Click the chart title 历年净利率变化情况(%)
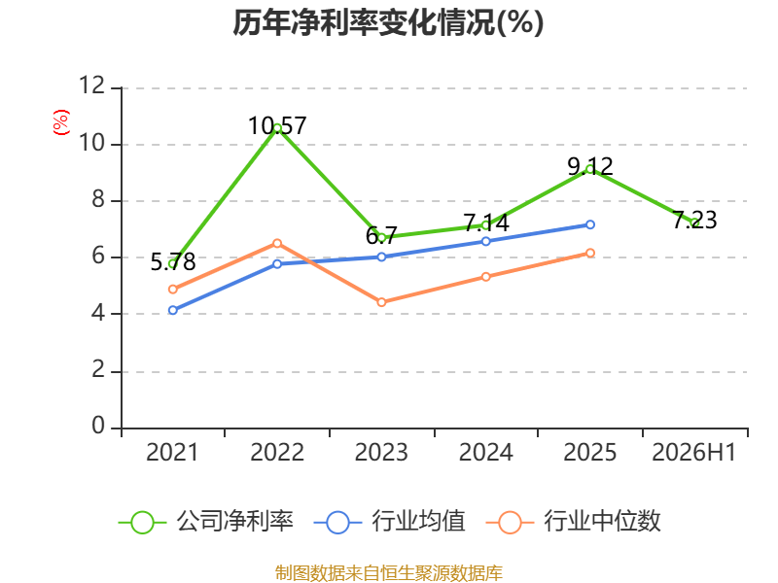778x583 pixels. pyautogui.click(x=388, y=22)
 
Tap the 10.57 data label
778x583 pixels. pyautogui.click(x=277, y=125)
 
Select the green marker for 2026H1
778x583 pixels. pyautogui.click(x=694, y=223)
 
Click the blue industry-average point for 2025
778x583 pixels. pyautogui.click(x=590, y=224)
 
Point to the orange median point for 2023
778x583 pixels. pyautogui.click(x=381, y=302)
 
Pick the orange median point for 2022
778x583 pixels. pyautogui.click(x=277, y=244)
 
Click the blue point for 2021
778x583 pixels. pyautogui.click(x=173, y=310)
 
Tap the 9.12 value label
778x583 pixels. pyautogui.click(x=590, y=166)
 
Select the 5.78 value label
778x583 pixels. pyautogui.click(x=173, y=261)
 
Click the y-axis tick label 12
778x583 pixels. pyautogui.click(x=92, y=86)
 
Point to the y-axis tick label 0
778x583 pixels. pyautogui.click(x=98, y=426)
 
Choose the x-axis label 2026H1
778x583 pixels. pyautogui.click(x=694, y=452)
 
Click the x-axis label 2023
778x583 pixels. pyautogui.click(x=381, y=452)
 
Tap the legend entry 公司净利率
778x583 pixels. pyautogui.click(x=206, y=522)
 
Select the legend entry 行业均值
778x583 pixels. pyautogui.click(x=390, y=522)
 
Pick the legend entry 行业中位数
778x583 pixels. pyautogui.click(x=574, y=522)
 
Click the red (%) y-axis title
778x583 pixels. pyautogui.click(x=61, y=122)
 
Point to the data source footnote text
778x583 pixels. pyautogui.click(x=389, y=573)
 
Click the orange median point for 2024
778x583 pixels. pyautogui.click(x=485, y=277)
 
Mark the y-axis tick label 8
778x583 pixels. pyautogui.click(x=98, y=199)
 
